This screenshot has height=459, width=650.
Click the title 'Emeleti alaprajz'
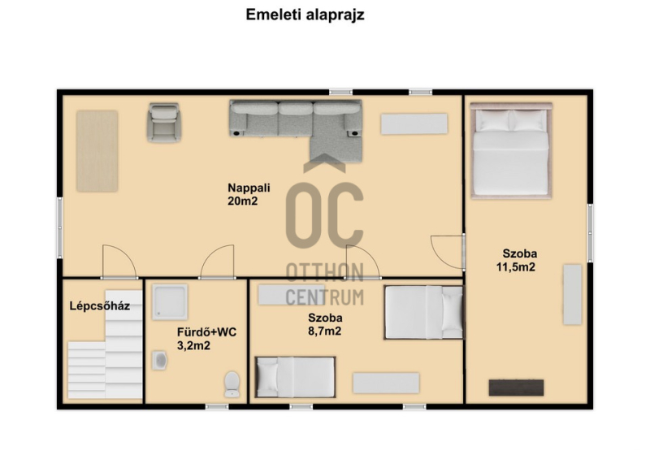pos(305,15)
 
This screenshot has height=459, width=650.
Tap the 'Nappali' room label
pos(249,188)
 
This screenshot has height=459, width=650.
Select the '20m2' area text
pos(242,201)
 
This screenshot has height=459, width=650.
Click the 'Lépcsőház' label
pos(99,306)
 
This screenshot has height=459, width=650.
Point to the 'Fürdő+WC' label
pos(206,332)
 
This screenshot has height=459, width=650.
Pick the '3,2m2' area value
pos(193,345)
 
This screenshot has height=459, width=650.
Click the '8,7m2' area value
pos(324,331)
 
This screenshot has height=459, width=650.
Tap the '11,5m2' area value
pos(516,267)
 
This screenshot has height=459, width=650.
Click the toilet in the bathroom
pos(232,384)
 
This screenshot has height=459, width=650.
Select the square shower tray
pos(170,302)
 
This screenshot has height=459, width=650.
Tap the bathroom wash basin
pos(159,361)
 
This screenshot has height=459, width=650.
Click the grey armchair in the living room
pos(164,123)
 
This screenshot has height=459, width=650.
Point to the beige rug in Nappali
pos(97,151)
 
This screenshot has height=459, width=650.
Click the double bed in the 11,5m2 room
pos(511,151)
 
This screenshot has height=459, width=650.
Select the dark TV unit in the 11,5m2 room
pos(516,388)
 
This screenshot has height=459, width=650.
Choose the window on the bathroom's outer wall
pos(217,407)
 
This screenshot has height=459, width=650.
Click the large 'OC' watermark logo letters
pos(324,215)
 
